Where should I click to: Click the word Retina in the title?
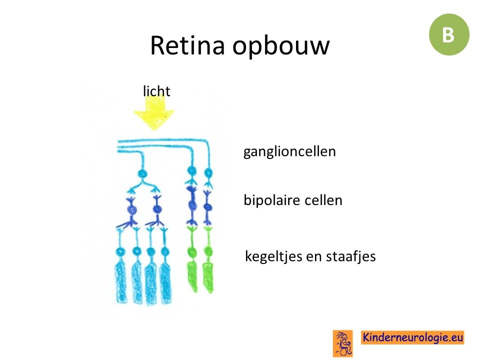click(187, 45)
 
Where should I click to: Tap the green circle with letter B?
click(449, 34)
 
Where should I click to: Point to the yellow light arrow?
click(154, 112)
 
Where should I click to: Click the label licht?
click(156, 91)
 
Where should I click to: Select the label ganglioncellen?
click(289, 151)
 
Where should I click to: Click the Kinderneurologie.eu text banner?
click(412, 337)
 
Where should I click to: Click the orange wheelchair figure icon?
click(343, 343)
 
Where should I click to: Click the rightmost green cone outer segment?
click(208, 277)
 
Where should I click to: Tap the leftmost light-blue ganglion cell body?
click(142, 174)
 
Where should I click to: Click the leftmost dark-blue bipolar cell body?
click(131, 209)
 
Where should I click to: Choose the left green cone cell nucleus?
click(192, 252)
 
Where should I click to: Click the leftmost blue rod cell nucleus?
click(120, 252)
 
